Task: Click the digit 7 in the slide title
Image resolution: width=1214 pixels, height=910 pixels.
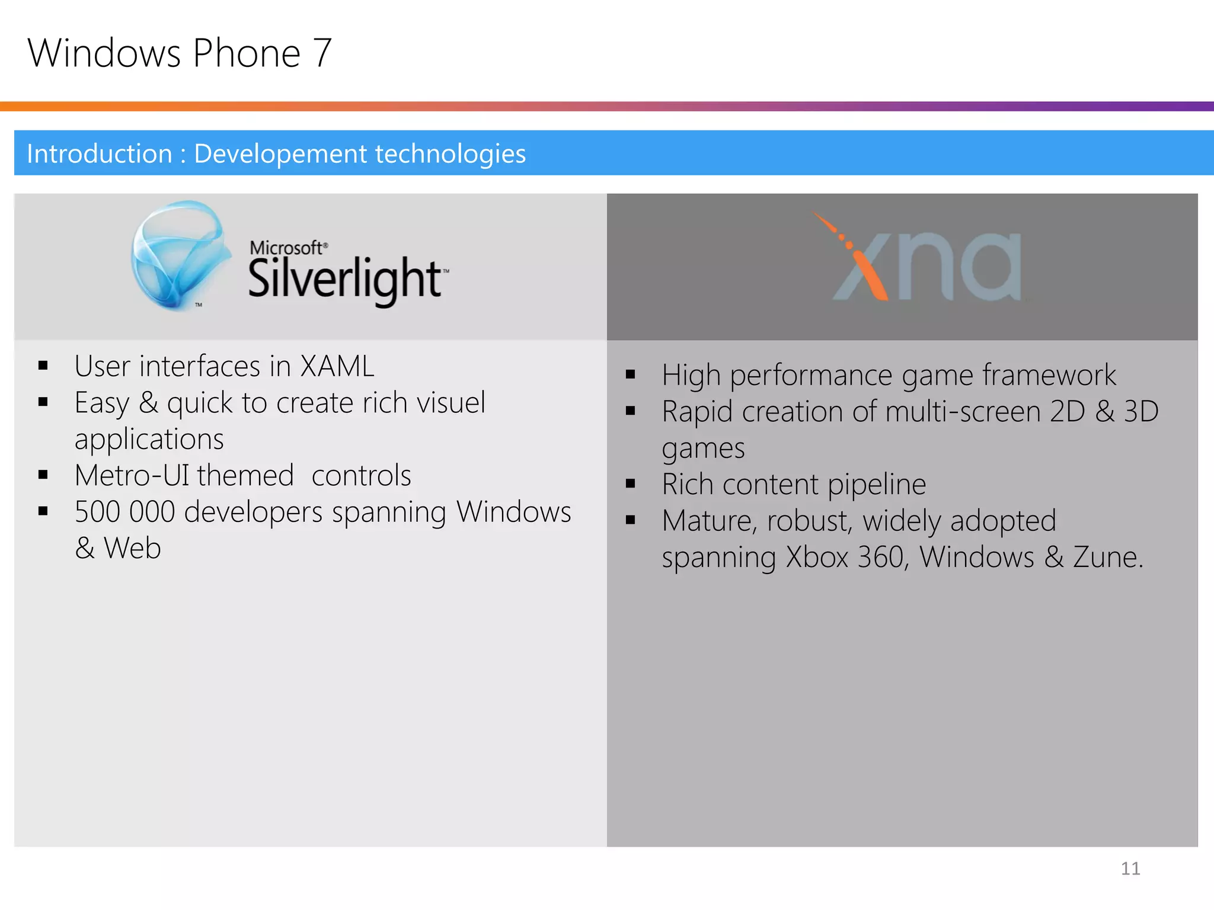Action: coord(322,54)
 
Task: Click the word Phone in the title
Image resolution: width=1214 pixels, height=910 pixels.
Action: coord(247,54)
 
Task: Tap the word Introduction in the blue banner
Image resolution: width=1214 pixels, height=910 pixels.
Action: coord(100,154)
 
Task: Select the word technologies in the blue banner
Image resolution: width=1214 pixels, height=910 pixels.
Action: coord(450,154)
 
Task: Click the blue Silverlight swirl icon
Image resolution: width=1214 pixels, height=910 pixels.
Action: coord(180,255)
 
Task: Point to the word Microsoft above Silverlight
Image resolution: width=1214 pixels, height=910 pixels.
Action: coord(286,248)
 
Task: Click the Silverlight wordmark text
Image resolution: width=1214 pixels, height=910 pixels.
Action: coord(346,279)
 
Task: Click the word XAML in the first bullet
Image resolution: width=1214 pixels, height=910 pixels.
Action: coord(337,366)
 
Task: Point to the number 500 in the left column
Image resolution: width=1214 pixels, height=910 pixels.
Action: coord(97,512)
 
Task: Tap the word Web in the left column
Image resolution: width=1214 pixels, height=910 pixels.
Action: coord(132,548)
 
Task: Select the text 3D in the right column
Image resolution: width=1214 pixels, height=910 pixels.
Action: coord(1140,412)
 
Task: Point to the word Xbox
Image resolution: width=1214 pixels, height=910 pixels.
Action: coord(817,557)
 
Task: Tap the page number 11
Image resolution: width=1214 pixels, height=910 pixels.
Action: coord(1130,869)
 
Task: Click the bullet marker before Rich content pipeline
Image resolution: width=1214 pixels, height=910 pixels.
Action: coord(630,484)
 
